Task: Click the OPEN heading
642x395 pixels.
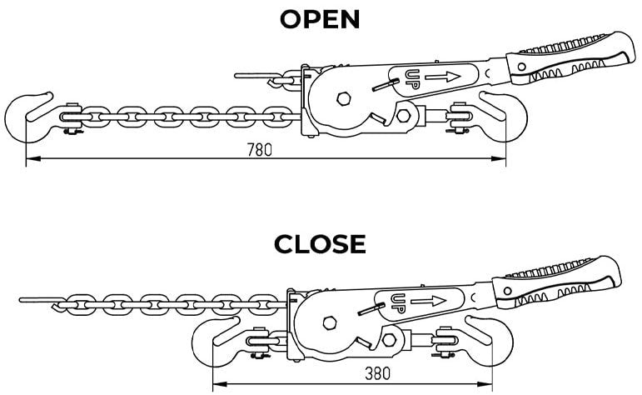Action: (321, 19)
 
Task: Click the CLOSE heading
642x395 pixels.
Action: (321, 243)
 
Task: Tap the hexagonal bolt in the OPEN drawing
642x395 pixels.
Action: (343, 99)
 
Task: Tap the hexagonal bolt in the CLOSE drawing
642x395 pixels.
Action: (327, 322)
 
